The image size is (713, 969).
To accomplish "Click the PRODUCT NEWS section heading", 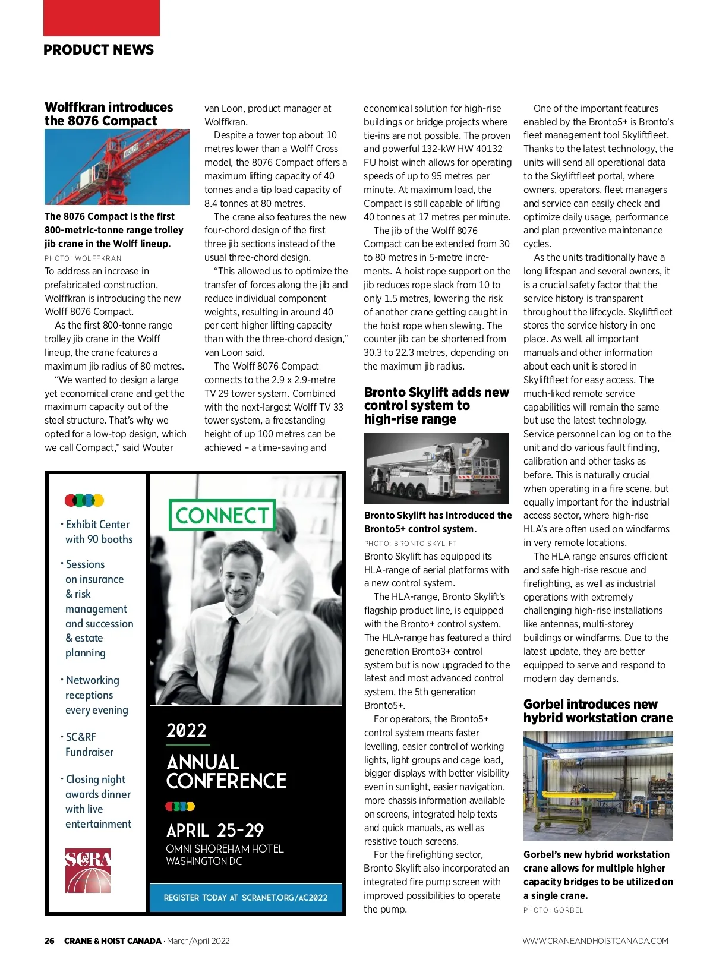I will (99, 50).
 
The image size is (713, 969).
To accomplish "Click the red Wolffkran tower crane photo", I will (117, 167).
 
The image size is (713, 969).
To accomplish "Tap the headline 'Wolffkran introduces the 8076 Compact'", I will (109, 114).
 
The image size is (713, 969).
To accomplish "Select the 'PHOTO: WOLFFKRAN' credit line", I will (83, 258).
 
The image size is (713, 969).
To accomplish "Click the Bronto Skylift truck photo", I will (436, 468).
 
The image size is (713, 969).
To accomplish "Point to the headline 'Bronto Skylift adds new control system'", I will (436, 406).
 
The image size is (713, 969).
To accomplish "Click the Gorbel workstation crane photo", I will (598, 786).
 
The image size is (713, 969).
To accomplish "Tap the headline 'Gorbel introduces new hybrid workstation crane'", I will (598, 711).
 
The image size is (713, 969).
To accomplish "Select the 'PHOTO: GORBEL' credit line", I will (553, 910).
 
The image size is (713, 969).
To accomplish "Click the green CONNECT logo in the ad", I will (222, 515).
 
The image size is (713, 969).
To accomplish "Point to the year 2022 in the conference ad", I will (187, 730).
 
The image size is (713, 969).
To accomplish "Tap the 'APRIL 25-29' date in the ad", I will (215, 830).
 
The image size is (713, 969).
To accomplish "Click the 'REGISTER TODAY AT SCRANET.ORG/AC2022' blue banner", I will (245, 898).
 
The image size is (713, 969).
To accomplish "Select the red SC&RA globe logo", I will (88, 870).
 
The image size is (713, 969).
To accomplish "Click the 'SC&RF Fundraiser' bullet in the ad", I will (89, 744).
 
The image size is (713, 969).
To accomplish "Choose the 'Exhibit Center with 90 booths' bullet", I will (99, 532).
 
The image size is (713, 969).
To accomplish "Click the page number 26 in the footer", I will (49, 941).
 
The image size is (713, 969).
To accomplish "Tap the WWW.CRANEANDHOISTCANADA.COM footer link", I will (595, 941).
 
